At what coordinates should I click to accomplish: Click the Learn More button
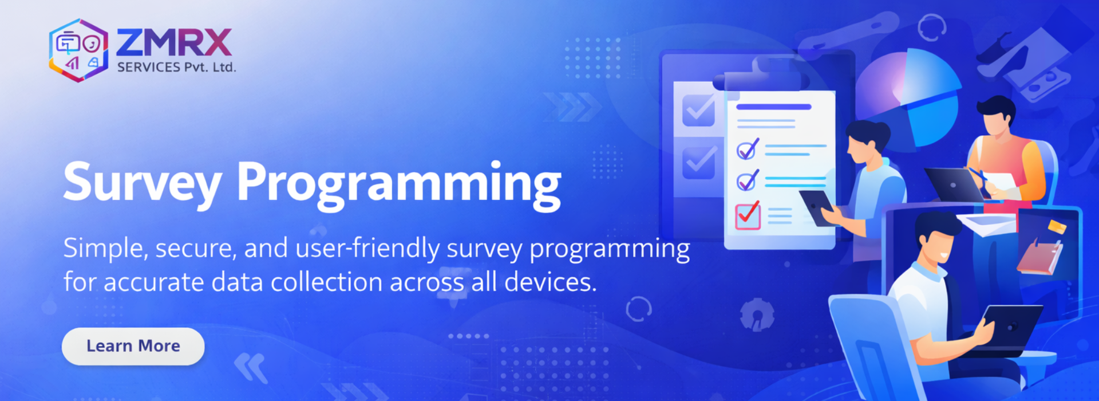pos(133,346)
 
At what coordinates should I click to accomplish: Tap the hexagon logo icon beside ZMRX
pos(78,50)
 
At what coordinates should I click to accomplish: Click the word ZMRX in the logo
pos(174,43)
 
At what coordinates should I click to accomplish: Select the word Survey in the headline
pos(142,182)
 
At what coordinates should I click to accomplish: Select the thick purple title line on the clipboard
pos(773,107)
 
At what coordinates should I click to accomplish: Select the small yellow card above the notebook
pos(1057,227)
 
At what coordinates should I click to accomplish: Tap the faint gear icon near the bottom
pos(757,314)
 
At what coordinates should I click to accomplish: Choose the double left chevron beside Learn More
pos(251,367)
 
